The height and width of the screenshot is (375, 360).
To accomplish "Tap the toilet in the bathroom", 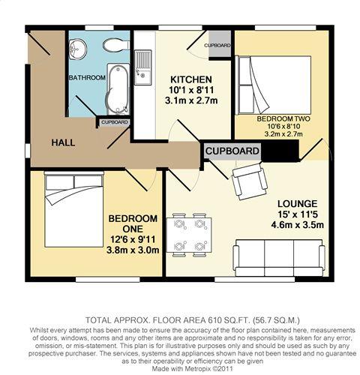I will [x=113, y=46].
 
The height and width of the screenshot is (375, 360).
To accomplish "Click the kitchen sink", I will [x=142, y=59].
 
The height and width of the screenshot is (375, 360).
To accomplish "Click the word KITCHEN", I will [x=190, y=80].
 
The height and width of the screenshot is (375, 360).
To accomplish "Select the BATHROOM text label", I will [x=87, y=77].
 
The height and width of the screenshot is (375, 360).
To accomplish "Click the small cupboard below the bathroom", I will [x=114, y=121].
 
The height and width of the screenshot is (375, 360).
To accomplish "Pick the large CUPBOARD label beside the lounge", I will [x=232, y=151].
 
